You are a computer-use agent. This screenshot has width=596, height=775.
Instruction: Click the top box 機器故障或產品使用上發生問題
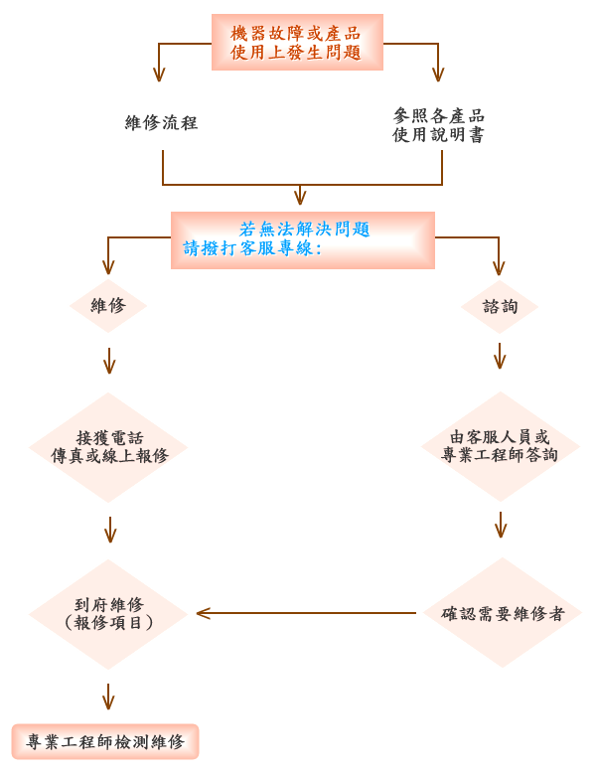click(x=297, y=43)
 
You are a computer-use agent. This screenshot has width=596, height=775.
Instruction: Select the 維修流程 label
click(x=162, y=123)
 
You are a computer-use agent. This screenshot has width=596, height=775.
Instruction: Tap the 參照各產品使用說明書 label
click(x=438, y=126)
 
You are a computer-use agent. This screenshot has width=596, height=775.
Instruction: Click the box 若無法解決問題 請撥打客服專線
click(x=303, y=239)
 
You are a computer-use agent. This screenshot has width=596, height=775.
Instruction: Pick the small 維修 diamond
click(x=108, y=306)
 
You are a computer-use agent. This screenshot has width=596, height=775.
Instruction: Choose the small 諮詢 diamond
click(x=500, y=307)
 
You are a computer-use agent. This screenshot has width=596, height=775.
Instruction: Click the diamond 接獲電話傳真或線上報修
click(x=109, y=447)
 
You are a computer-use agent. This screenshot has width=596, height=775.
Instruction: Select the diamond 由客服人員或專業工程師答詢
click(x=500, y=446)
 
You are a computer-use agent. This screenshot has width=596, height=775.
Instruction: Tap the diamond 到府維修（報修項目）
click(x=109, y=613)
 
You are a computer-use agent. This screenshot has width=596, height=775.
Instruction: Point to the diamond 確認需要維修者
click(x=503, y=613)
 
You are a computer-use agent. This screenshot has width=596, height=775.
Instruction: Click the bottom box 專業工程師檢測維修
click(x=105, y=741)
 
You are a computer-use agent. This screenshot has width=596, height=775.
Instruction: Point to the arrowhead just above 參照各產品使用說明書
click(x=438, y=73)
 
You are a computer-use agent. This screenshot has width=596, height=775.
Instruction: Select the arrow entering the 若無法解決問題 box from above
click(x=300, y=195)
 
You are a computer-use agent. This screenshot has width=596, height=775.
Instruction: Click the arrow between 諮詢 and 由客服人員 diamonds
click(x=500, y=356)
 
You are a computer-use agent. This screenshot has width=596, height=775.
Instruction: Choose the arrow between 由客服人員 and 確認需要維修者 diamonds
click(x=502, y=524)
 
